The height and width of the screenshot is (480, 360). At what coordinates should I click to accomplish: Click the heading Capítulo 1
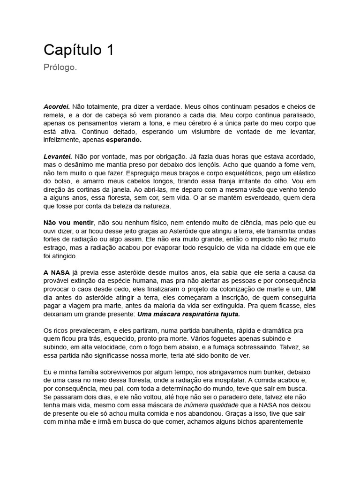(79, 50)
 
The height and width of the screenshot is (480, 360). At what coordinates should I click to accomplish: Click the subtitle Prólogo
(60, 68)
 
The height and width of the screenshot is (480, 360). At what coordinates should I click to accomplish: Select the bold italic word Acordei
(57, 106)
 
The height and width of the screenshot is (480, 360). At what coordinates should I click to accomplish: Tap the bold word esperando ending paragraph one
(124, 140)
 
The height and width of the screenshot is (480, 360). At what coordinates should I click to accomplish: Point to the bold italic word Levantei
(58, 157)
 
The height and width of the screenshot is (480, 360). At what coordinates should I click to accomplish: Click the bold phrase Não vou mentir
(69, 223)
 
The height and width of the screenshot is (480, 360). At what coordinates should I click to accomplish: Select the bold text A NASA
(56, 272)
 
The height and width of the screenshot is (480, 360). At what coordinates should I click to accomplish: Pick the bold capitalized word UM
(310, 289)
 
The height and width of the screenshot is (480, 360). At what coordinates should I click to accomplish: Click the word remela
(53, 115)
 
